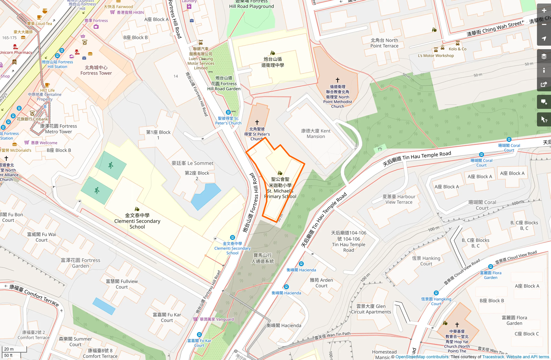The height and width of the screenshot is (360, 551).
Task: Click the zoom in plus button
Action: click(x=544, y=11)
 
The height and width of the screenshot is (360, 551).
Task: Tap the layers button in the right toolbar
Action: click(x=544, y=56)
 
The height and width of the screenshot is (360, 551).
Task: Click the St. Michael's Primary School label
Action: click(x=280, y=188)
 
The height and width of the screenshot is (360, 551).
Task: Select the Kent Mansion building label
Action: click(x=316, y=134)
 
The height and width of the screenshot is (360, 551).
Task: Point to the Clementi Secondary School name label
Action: click(x=137, y=221)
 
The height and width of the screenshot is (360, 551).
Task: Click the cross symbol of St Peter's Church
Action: click(x=257, y=122)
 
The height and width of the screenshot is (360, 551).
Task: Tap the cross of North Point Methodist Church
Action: click(x=338, y=80)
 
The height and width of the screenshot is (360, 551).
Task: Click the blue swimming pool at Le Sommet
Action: click(x=205, y=196)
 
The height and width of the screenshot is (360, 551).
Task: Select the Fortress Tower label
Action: click(x=96, y=71)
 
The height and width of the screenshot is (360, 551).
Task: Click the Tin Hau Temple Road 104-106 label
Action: click(x=348, y=241)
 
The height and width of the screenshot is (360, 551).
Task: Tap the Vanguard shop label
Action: click(x=216, y=319)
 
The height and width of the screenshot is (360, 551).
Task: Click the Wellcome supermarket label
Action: click(x=44, y=143)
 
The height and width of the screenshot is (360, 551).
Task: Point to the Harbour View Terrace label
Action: click(x=399, y=199)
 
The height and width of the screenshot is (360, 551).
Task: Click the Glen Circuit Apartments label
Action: click(x=371, y=309)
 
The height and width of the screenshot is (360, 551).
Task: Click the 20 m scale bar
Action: click(x=14, y=349)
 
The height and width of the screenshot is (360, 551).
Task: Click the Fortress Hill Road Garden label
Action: click(x=224, y=83)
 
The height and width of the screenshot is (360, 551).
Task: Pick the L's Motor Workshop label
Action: click(x=435, y=56)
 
